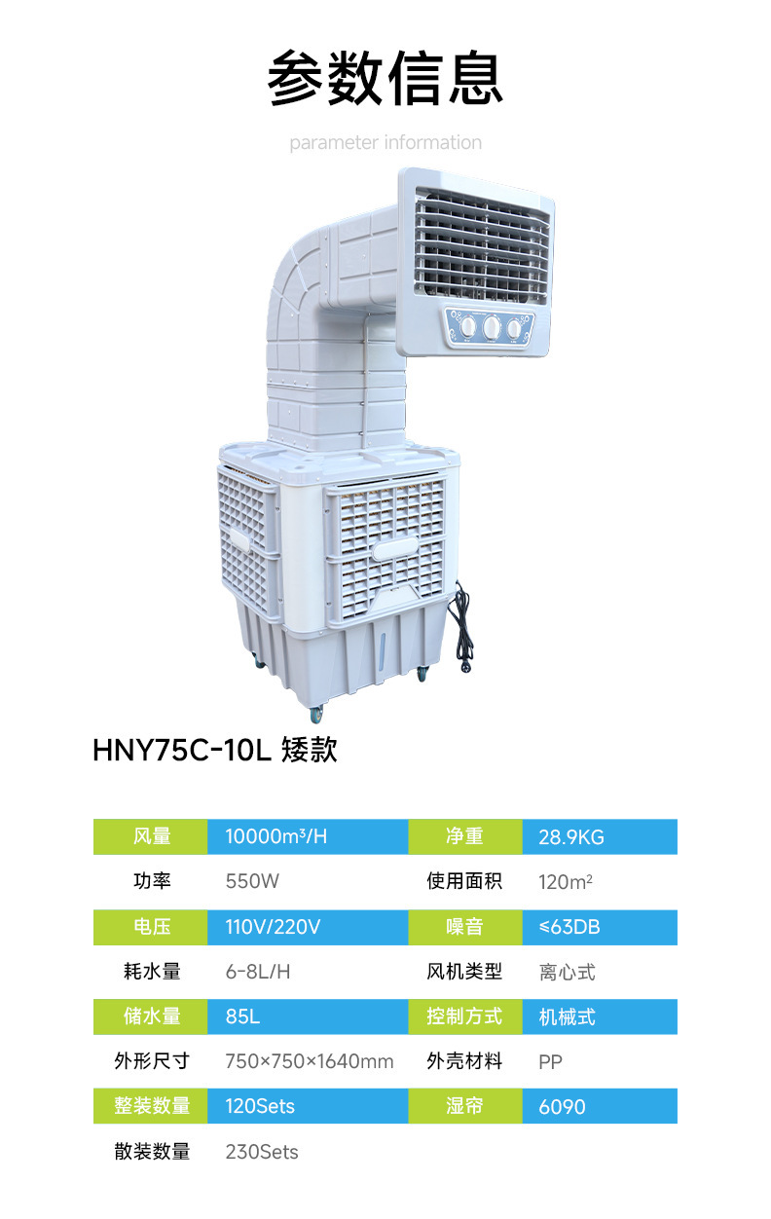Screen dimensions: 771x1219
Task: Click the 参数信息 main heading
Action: (x=385, y=77)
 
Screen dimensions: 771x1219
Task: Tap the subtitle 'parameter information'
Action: (x=385, y=142)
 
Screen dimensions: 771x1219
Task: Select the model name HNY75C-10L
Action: (x=182, y=750)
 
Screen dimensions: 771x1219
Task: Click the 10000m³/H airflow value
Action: (x=275, y=836)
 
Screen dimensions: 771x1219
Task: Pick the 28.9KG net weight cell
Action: (x=570, y=837)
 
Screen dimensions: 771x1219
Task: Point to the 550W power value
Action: (x=252, y=881)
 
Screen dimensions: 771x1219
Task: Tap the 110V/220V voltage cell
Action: (x=273, y=926)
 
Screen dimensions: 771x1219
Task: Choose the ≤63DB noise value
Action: (x=569, y=926)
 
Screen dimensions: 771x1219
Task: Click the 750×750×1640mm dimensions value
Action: (x=309, y=1061)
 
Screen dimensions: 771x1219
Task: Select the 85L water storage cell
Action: (x=242, y=1016)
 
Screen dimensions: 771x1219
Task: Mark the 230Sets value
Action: (x=262, y=1152)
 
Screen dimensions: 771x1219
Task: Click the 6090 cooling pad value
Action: (x=562, y=1106)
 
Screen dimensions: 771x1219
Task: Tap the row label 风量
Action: (x=152, y=836)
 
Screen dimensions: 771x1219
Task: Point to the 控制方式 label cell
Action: (x=464, y=1016)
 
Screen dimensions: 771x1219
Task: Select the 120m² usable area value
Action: (x=566, y=881)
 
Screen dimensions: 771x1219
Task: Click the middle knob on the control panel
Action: (x=492, y=327)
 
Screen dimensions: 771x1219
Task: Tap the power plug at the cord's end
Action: (x=465, y=664)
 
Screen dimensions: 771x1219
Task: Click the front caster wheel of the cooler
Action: (x=315, y=714)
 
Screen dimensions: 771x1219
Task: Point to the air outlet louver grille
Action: (x=482, y=245)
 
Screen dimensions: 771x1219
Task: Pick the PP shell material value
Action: (x=550, y=1061)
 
